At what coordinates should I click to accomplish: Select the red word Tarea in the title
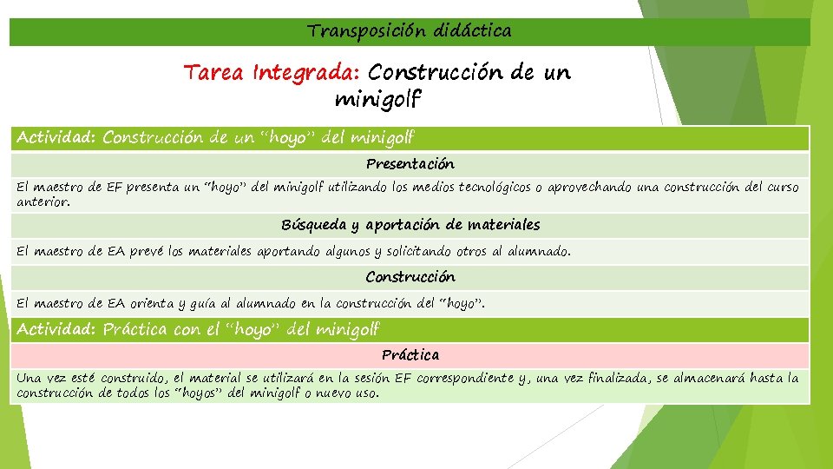pos(215,73)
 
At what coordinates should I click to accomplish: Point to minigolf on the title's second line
pos(377,100)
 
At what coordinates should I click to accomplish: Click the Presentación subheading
pos(410,164)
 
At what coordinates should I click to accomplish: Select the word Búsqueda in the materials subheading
pos(313,225)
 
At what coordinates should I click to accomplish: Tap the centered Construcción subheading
pos(410,277)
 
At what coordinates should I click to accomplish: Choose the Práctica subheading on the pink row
pos(410,355)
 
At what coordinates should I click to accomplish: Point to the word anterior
pos(42,201)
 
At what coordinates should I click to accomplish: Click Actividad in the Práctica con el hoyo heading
pos(56,330)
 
